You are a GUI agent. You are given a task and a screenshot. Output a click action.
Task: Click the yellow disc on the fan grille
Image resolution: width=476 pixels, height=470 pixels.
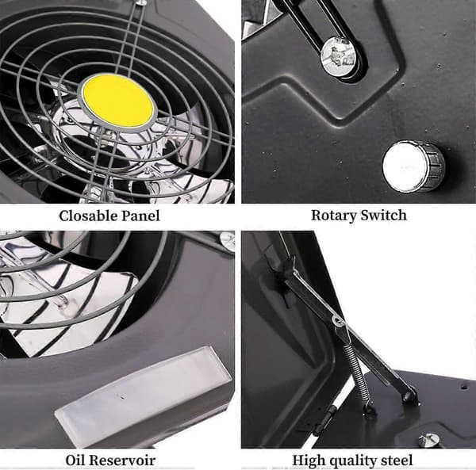pyautogui.click(x=117, y=101)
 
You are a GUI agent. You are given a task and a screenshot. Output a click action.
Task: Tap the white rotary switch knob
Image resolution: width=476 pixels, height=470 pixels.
pyautogui.click(x=413, y=166)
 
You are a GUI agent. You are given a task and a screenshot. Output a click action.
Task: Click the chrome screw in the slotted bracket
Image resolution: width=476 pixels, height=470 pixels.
pyautogui.click(x=339, y=57)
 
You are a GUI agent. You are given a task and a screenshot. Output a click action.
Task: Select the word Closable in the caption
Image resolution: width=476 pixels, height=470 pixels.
pyautogui.click(x=88, y=216)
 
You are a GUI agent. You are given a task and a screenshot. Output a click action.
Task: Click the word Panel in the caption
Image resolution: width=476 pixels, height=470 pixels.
pyautogui.click(x=140, y=216)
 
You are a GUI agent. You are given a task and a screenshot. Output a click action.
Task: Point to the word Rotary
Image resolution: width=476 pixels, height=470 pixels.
pyautogui.click(x=334, y=216)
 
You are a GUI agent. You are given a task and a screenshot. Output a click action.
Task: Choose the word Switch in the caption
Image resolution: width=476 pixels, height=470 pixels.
pyautogui.click(x=383, y=215)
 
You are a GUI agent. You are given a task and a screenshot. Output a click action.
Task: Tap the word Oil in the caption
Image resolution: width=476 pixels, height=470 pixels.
pyautogui.click(x=74, y=460)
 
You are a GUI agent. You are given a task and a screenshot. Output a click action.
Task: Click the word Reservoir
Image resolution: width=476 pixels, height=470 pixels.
pyautogui.click(x=121, y=460)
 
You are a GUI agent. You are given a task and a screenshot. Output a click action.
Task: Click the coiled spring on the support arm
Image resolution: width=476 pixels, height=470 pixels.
pyautogui.click(x=359, y=373)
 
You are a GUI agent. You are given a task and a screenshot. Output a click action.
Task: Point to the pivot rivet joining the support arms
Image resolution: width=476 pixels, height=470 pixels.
pyautogui.click(x=336, y=320)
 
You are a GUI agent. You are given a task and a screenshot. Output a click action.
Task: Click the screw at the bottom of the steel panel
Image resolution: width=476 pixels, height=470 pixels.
pyautogui.click(x=429, y=440)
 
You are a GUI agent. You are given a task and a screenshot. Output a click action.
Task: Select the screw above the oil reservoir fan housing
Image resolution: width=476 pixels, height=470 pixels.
pyautogui.click(x=226, y=239)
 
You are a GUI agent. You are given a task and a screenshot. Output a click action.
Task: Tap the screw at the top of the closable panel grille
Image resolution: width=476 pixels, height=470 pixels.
pyautogui.click(x=140, y=2)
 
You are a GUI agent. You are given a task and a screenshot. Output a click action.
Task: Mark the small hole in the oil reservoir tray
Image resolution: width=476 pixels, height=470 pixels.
pyautogui.click(x=122, y=397)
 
